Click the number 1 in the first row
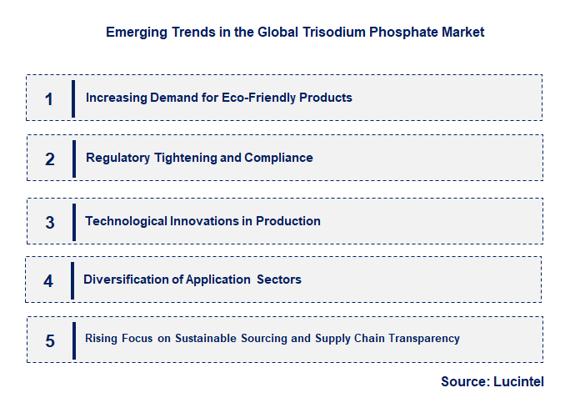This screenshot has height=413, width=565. [x=49, y=99]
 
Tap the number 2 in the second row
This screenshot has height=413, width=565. [x=50, y=159]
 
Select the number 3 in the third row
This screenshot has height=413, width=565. [x=50, y=223]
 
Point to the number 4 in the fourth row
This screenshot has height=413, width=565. [x=48, y=281]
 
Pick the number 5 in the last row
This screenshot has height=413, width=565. [x=50, y=340]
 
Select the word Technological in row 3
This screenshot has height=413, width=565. [x=125, y=221]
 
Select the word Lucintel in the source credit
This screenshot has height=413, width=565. [x=517, y=381]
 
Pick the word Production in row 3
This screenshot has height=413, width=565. [x=289, y=221]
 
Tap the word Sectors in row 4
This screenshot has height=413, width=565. [x=279, y=280]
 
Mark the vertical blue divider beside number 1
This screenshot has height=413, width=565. [x=73, y=98]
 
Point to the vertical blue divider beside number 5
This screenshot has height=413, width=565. [x=73, y=340]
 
